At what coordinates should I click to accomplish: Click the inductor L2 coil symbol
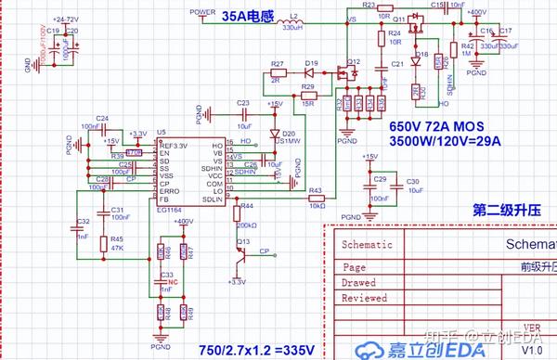click(294, 20)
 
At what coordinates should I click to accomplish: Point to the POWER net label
click(202, 11)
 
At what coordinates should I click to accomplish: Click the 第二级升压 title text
click(506, 209)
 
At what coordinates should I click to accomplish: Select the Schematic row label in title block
click(367, 246)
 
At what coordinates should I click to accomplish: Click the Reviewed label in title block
click(364, 298)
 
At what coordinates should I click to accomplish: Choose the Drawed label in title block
click(358, 281)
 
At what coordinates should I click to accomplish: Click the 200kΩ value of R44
click(247, 225)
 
